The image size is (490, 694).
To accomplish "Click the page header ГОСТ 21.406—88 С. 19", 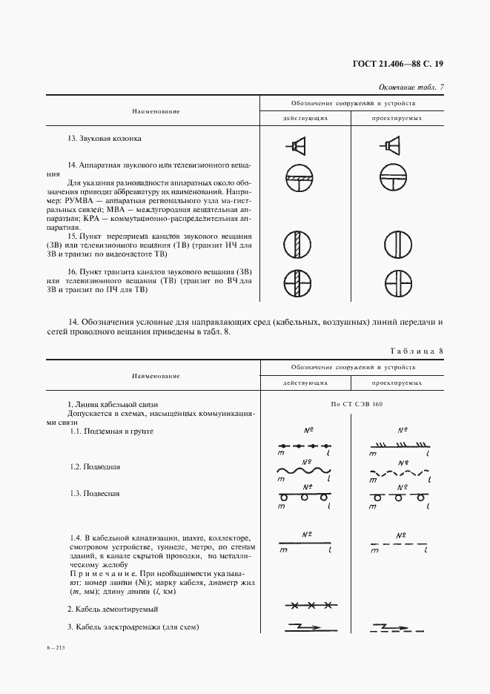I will click(402, 64).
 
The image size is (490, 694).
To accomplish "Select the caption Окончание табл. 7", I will click(411, 87).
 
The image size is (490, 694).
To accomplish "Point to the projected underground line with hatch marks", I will click(400, 446).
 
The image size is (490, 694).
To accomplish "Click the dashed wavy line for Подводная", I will click(400, 472).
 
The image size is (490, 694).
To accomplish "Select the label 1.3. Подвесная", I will click(95, 493).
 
